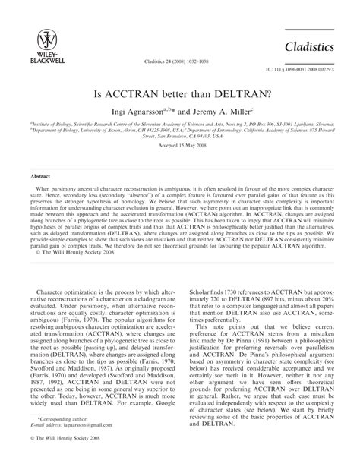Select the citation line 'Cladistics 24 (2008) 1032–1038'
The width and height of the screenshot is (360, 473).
pos(179,59)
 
